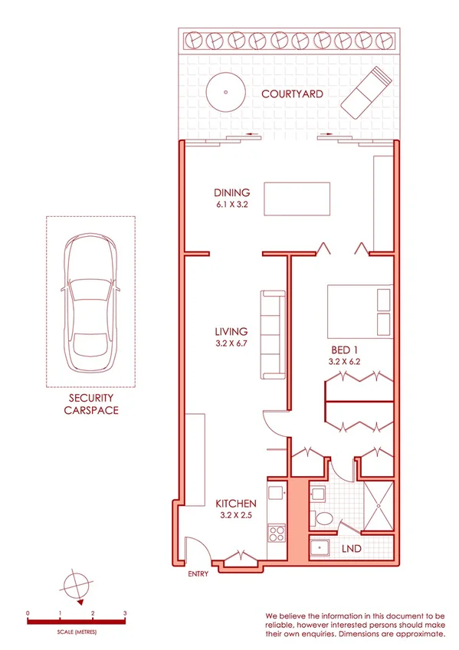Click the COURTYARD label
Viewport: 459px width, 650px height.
[292, 94]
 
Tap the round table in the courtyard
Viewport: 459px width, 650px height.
[225, 91]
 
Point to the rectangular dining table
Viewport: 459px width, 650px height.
[297, 199]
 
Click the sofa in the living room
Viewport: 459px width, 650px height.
[273, 334]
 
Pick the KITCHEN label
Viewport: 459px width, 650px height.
[235, 504]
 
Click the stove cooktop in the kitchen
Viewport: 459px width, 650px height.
[275, 531]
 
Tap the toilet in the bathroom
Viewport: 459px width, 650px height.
[323, 520]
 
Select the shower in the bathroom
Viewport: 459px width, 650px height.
[378, 506]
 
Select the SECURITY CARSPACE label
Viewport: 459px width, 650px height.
[90, 404]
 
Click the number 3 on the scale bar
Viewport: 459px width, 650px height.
[125, 614]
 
